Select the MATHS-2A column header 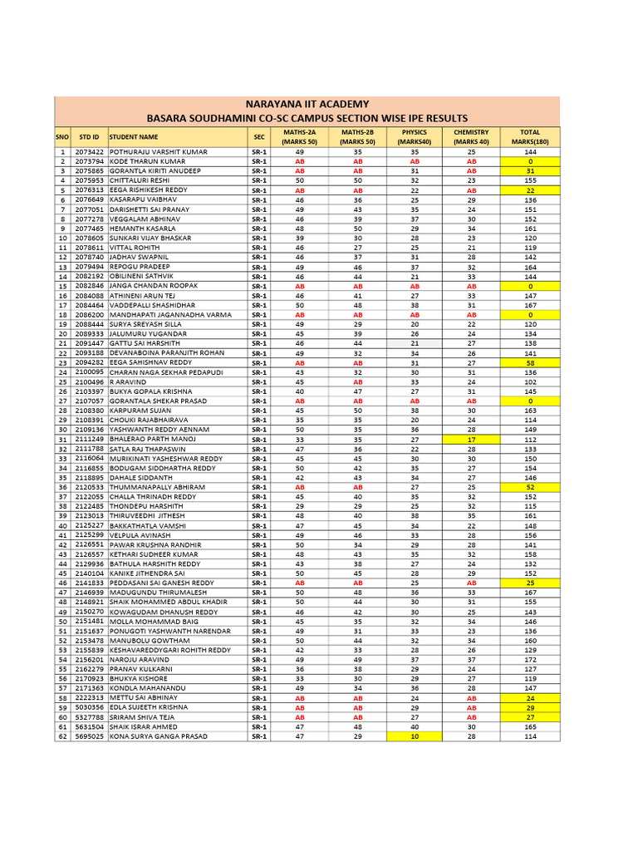299,137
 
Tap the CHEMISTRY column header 471,137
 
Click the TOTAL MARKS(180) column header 529,137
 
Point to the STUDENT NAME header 133,137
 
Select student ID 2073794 89,162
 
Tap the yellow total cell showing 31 529,171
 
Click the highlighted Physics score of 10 415,736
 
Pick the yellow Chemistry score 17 471,440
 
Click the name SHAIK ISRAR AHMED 143,727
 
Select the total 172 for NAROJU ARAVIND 529,660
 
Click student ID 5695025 89,736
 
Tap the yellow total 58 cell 529,363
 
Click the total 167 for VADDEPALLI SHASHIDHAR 529,306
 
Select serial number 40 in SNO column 62,526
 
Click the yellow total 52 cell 529,488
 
